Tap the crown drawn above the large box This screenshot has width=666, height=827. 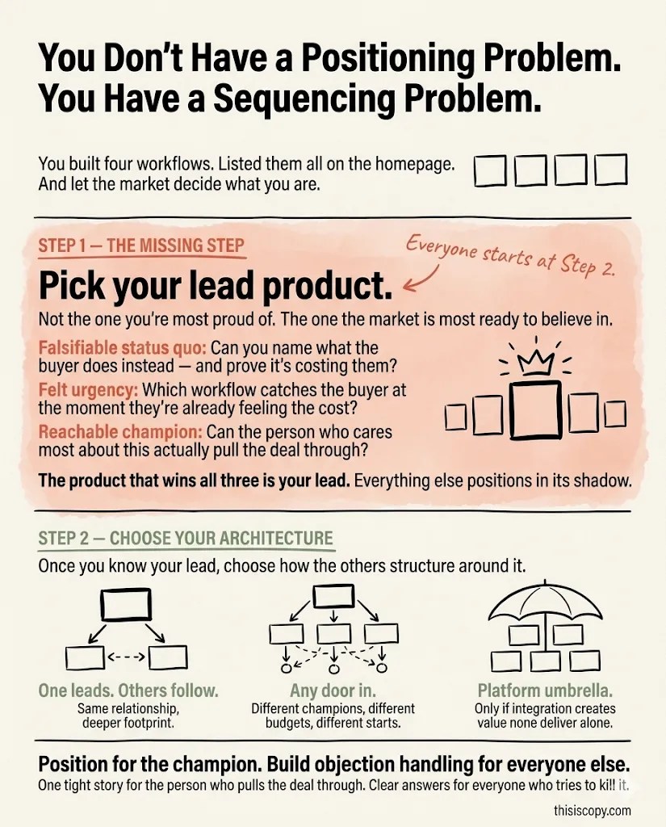coord(534,361)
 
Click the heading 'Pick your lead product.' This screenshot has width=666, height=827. coord(216,286)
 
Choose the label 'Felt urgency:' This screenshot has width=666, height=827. coord(85,390)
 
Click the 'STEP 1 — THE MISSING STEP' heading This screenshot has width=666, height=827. coord(141,246)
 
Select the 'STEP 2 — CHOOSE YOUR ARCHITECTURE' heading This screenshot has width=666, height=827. coord(186,539)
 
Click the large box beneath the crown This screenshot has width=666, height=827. coord(535,411)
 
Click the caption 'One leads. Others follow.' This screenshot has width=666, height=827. coord(128,691)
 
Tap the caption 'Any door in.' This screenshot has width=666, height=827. coord(333,691)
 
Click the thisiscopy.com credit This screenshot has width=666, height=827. coord(593,810)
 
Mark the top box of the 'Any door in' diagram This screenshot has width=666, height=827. coord(333,595)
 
